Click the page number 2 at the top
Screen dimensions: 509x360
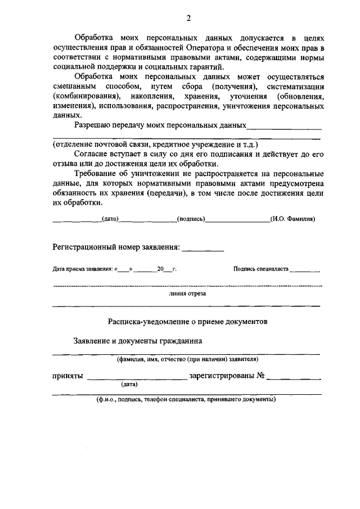click(x=188, y=17)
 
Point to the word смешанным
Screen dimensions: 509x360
click(x=71, y=86)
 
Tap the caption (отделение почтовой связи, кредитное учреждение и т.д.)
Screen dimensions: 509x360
click(x=155, y=143)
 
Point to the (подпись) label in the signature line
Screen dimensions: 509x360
click(x=191, y=219)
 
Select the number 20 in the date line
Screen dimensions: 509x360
click(x=160, y=269)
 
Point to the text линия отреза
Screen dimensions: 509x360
click(x=187, y=294)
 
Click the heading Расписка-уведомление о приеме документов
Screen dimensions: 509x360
click(x=188, y=321)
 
